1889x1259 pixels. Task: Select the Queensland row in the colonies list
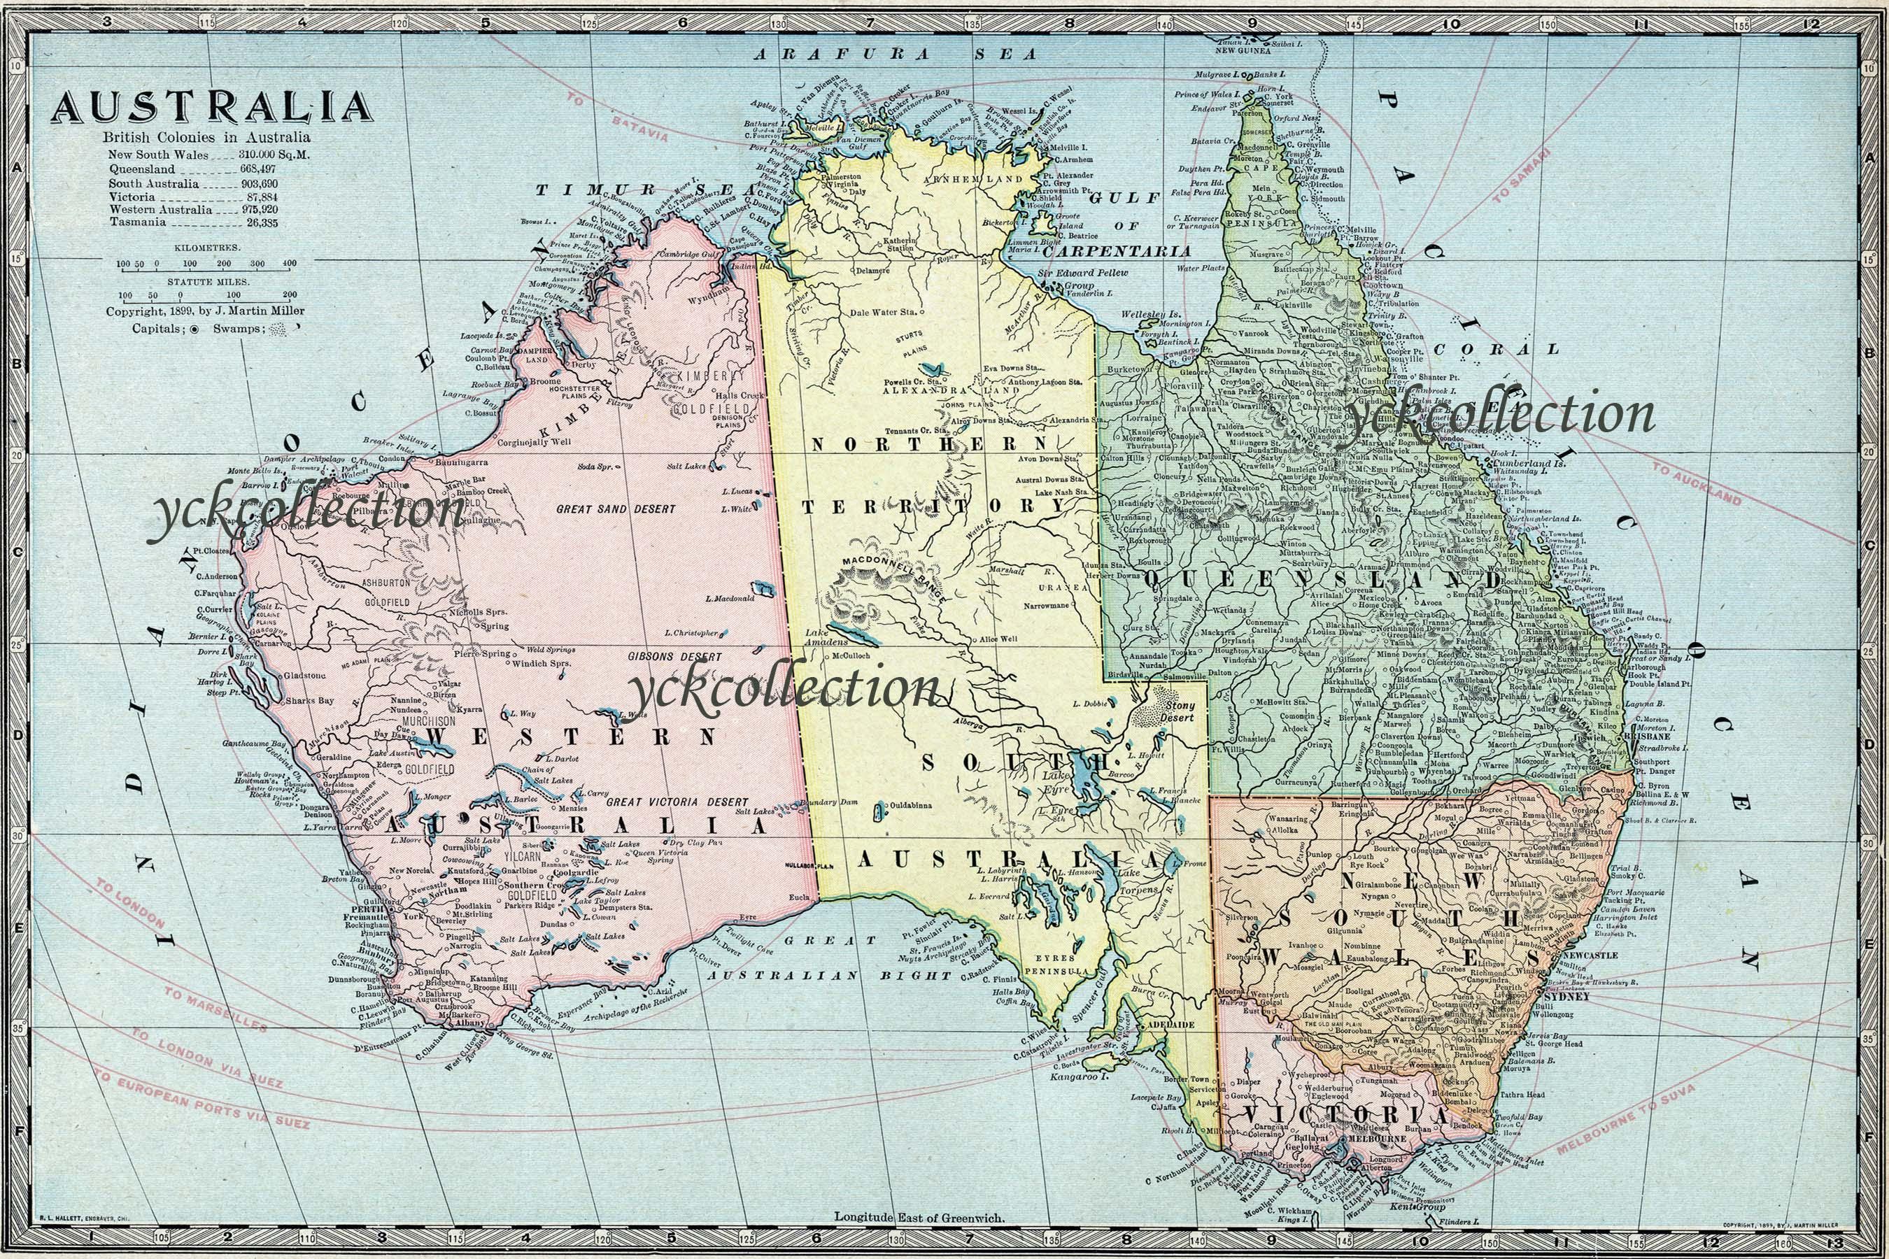193,169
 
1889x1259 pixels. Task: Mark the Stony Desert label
1179,711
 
